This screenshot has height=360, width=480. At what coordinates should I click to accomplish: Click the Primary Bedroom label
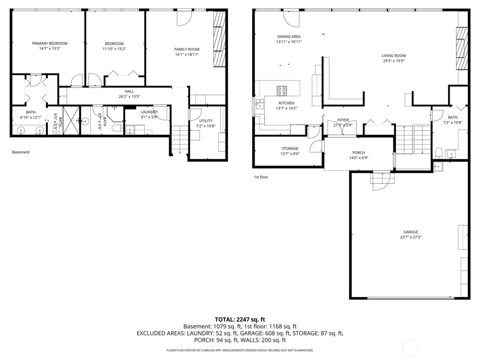[x=50, y=44]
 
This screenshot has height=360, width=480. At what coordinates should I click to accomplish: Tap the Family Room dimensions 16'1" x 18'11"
[x=187, y=55]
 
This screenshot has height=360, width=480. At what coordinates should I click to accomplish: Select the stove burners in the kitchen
[x=282, y=91]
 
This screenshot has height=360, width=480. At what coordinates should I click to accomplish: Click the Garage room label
[x=410, y=232]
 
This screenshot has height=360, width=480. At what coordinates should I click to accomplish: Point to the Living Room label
[x=394, y=56]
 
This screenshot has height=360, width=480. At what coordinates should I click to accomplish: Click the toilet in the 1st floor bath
[x=439, y=152]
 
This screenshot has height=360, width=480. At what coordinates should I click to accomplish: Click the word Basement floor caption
[x=21, y=152]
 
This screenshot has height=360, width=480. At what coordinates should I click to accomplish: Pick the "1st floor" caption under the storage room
[x=261, y=177]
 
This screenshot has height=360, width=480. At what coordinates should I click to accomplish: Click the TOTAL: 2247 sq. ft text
[x=240, y=320]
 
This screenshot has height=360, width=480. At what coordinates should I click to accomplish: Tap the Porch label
[x=359, y=153]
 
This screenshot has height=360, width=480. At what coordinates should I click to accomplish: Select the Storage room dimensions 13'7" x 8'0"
[x=290, y=154]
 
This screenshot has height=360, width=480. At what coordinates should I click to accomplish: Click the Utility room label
[x=206, y=121]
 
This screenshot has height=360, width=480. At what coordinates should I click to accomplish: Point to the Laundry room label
[x=149, y=112]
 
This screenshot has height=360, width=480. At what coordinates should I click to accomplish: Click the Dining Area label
[x=289, y=37]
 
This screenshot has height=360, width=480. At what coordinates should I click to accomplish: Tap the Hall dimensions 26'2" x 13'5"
[x=129, y=97]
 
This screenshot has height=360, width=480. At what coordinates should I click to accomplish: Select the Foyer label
[x=343, y=120]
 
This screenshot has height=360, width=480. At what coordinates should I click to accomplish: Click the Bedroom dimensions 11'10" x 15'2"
[x=114, y=49]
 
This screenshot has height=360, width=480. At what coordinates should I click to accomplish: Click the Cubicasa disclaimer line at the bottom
[x=240, y=350]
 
